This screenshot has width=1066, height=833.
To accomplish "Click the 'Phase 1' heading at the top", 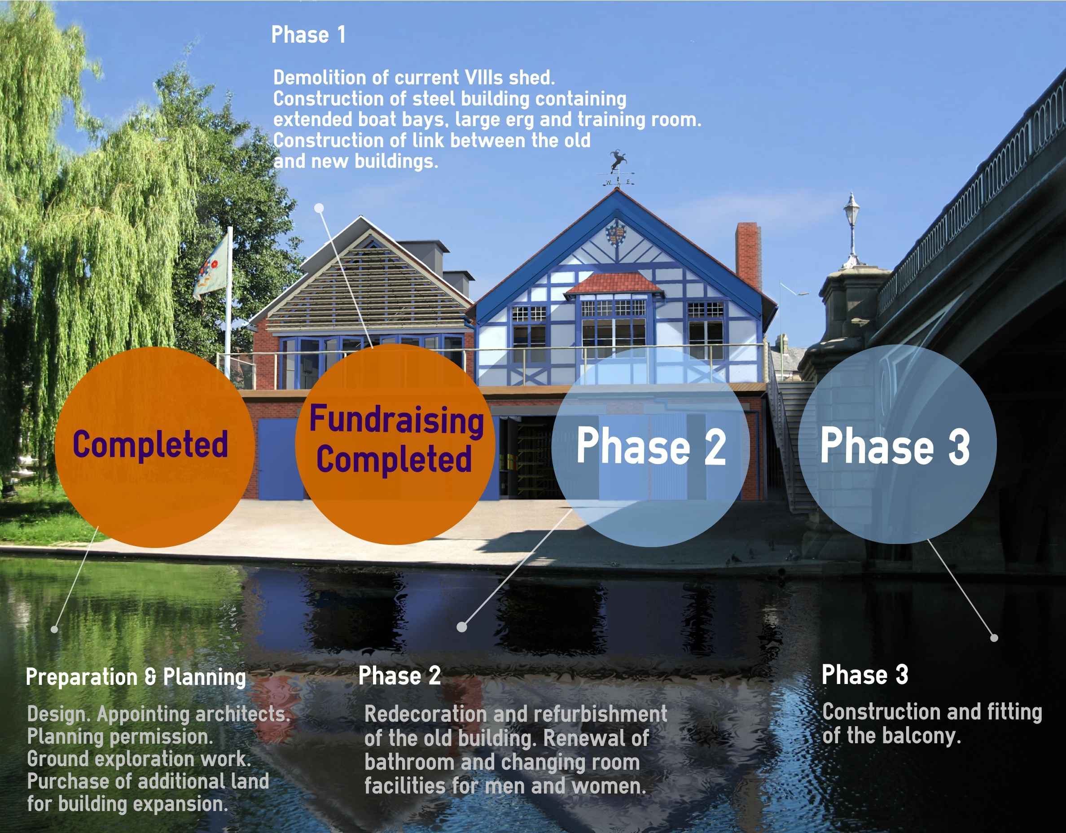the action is (x=308, y=35).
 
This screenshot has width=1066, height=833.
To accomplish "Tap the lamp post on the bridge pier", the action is (x=852, y=229).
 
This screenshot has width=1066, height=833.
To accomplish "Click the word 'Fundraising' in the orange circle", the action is (x=396, y=420).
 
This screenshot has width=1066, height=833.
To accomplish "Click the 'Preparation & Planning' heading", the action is (x=136, y=677).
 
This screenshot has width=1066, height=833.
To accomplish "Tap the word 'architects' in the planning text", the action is (x=242, y=714).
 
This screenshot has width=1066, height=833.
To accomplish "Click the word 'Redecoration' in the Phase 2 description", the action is (x=425, y=714).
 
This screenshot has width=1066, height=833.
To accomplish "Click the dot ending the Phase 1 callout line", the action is (x=319, y=208).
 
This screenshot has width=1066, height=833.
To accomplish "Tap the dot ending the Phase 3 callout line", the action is (x=994, y=638).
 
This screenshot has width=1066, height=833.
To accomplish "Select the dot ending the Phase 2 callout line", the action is (x=462, y=627).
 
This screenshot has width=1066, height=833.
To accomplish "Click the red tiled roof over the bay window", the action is (x=614, y=284).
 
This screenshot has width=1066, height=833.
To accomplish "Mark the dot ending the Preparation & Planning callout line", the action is (x=54, y=630).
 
